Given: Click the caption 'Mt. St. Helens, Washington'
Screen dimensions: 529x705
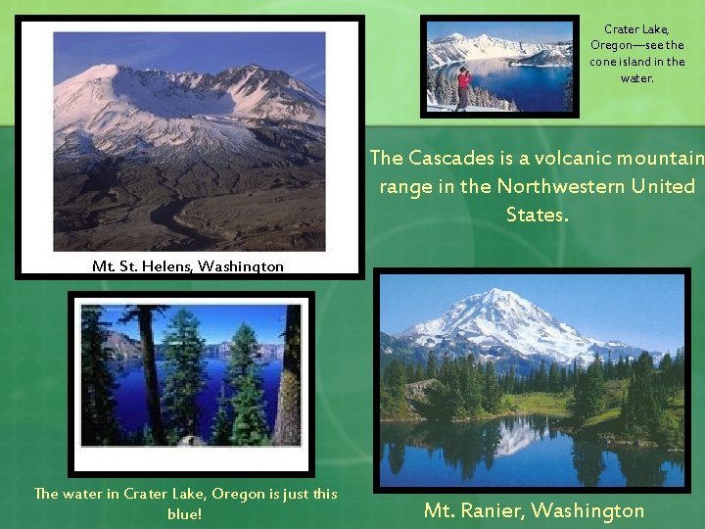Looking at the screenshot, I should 188,265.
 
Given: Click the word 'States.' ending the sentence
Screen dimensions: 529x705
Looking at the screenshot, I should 537,214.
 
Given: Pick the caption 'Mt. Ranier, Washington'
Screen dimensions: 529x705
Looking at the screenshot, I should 534,510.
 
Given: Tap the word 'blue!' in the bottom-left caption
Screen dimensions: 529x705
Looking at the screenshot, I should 185,512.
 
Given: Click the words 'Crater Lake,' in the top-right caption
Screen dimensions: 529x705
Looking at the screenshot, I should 636,29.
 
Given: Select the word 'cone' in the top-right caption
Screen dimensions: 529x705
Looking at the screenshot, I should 603,62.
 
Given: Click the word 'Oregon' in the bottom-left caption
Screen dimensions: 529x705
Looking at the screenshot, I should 238,494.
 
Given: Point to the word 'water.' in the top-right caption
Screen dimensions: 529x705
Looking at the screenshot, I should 636,77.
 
